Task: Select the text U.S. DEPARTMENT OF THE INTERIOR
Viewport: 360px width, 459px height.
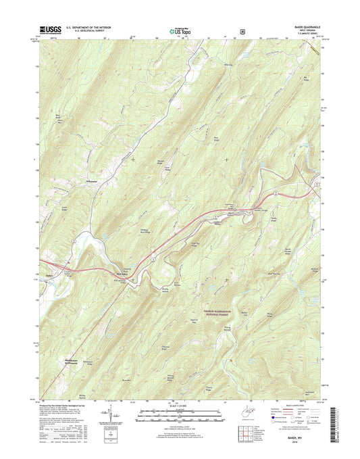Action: pyautogui.click(x=88, y=26)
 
